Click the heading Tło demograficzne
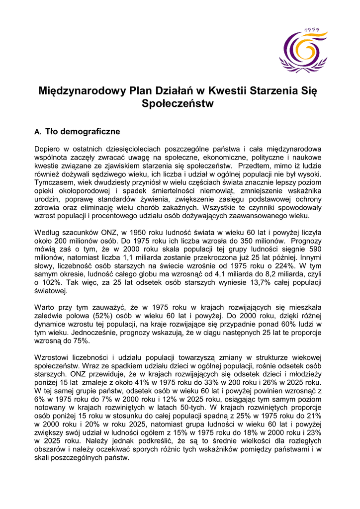(83, 132)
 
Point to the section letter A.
(37, 132)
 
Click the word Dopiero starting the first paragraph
(49, 149)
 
